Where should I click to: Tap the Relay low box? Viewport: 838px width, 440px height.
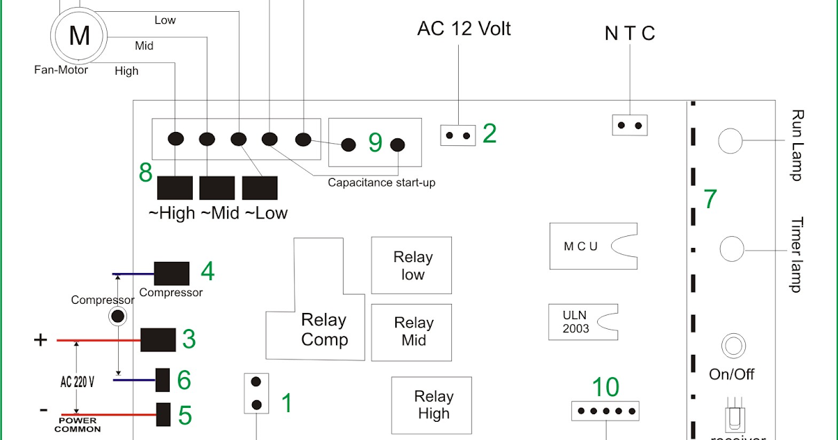point(412,265)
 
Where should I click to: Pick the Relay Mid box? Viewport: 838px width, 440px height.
point(412,332)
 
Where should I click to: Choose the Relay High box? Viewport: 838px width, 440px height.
point(432,405)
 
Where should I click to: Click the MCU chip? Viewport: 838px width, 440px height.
point(594,246)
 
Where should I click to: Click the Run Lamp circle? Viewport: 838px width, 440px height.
point(730,140)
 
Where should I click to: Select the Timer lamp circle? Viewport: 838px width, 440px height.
point(731,248)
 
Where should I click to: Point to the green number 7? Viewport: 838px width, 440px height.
point(710,199)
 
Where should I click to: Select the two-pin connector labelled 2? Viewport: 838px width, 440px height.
point(457,135)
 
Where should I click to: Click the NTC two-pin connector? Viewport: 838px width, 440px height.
point(630,125)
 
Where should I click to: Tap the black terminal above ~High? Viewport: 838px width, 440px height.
point(175,188)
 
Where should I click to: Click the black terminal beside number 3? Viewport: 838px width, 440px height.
point(158,340)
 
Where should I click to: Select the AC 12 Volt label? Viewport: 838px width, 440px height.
point(464,29)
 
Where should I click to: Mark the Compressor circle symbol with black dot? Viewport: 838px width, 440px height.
point(118,316)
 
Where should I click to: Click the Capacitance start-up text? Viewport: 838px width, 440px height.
point(381,183)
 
